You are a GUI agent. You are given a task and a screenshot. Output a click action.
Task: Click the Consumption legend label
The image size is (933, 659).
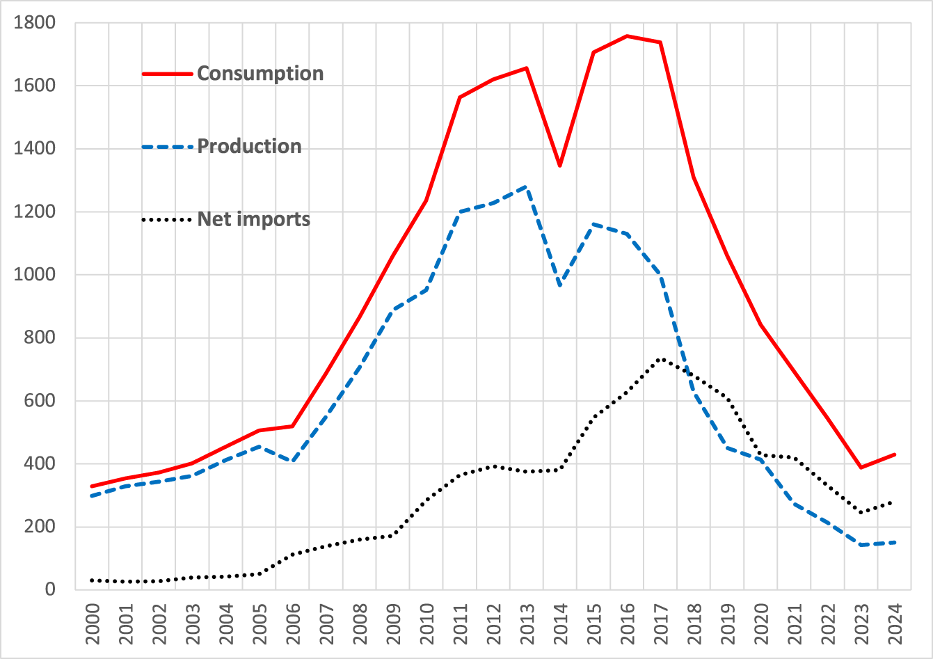(x=260, y=74)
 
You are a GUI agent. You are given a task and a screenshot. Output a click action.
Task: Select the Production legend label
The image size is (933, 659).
(x=249, y=147)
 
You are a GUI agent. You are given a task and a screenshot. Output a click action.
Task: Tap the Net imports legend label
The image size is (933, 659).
(x=253, y=220)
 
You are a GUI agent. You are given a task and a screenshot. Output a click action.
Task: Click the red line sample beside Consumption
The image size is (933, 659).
(x=167, y=74)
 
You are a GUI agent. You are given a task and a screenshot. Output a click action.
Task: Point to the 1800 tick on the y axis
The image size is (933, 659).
(x=35, y=23)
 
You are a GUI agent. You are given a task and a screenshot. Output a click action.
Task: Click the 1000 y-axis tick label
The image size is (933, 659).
(x=35, y=275)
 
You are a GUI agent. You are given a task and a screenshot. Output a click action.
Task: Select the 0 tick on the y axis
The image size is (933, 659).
(x=49, y=589)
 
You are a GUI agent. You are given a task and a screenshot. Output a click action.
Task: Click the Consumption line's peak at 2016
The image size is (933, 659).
(x=627, y=35)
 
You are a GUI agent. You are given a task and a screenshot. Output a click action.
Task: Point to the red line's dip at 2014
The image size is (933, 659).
(x=559, y=166)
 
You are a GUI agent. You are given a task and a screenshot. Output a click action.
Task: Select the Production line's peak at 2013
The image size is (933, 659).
(x=526, y=187)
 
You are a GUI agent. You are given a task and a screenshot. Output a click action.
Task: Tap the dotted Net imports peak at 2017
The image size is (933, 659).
(x=660, y=359)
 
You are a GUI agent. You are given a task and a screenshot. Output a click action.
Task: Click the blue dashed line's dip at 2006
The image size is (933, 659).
(x=292, y=461)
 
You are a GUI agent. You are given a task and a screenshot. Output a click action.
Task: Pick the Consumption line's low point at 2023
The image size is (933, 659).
(x=861, y=468)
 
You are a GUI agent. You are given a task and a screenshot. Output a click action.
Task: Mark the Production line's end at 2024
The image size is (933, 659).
(x=894, y=542)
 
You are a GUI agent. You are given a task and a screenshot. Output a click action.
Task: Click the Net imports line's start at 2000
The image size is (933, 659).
(x=92, y=580)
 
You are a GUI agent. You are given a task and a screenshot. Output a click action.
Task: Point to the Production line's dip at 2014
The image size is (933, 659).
(x=559, y=286)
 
